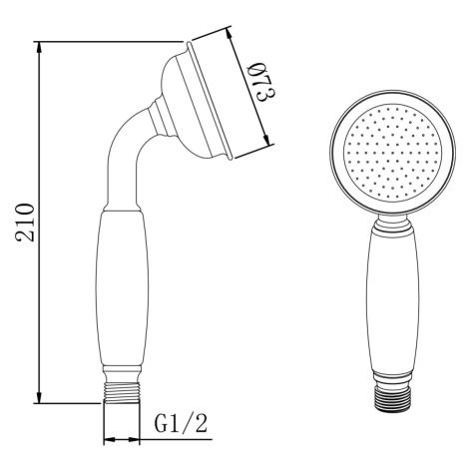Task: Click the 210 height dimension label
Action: click(x=25, y=223)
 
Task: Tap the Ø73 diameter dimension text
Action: click(x=262, y=83)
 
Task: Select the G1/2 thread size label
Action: click(x=182, y=423)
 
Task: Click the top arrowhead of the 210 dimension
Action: click(x=39, y=49)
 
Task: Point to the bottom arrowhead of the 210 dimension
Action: click(x=39, y=396)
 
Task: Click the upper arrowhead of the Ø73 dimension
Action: click(x=230, y=34)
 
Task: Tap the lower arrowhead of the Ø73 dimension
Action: click(x=266, y=139)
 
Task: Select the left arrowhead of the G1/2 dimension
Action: click(x=110, y=440)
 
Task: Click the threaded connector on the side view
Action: click(x=122, y=393)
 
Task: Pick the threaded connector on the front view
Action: click(x=392, y=399)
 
